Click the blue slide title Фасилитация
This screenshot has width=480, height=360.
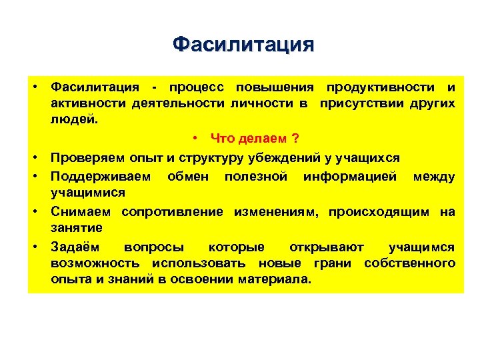[242, 45]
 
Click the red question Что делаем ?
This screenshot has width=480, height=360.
[254, 138]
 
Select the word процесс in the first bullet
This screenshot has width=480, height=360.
[198, 87]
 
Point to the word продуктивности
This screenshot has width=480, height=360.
[381, 87]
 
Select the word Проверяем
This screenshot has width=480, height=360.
[86, 157]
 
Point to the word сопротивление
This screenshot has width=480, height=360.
[174, 212]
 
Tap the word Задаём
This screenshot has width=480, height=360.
[76, 247]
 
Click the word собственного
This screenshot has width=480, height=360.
[410, 263]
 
